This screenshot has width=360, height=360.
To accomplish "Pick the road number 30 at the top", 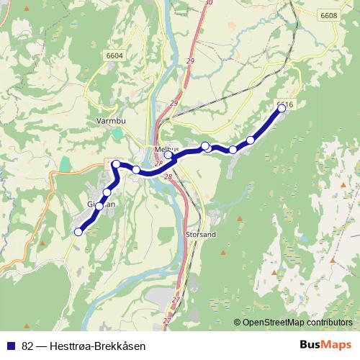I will click(210, 3).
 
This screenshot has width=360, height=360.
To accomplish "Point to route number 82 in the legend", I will click(28, 345).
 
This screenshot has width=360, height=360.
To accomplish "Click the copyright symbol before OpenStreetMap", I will click(238, 323).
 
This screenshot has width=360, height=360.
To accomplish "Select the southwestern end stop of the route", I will click(78, 231).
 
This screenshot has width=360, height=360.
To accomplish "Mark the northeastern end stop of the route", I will click(282, 109).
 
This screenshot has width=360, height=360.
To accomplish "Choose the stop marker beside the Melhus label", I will click(169, 155).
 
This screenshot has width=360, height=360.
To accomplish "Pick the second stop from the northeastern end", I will click(251, 140).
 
